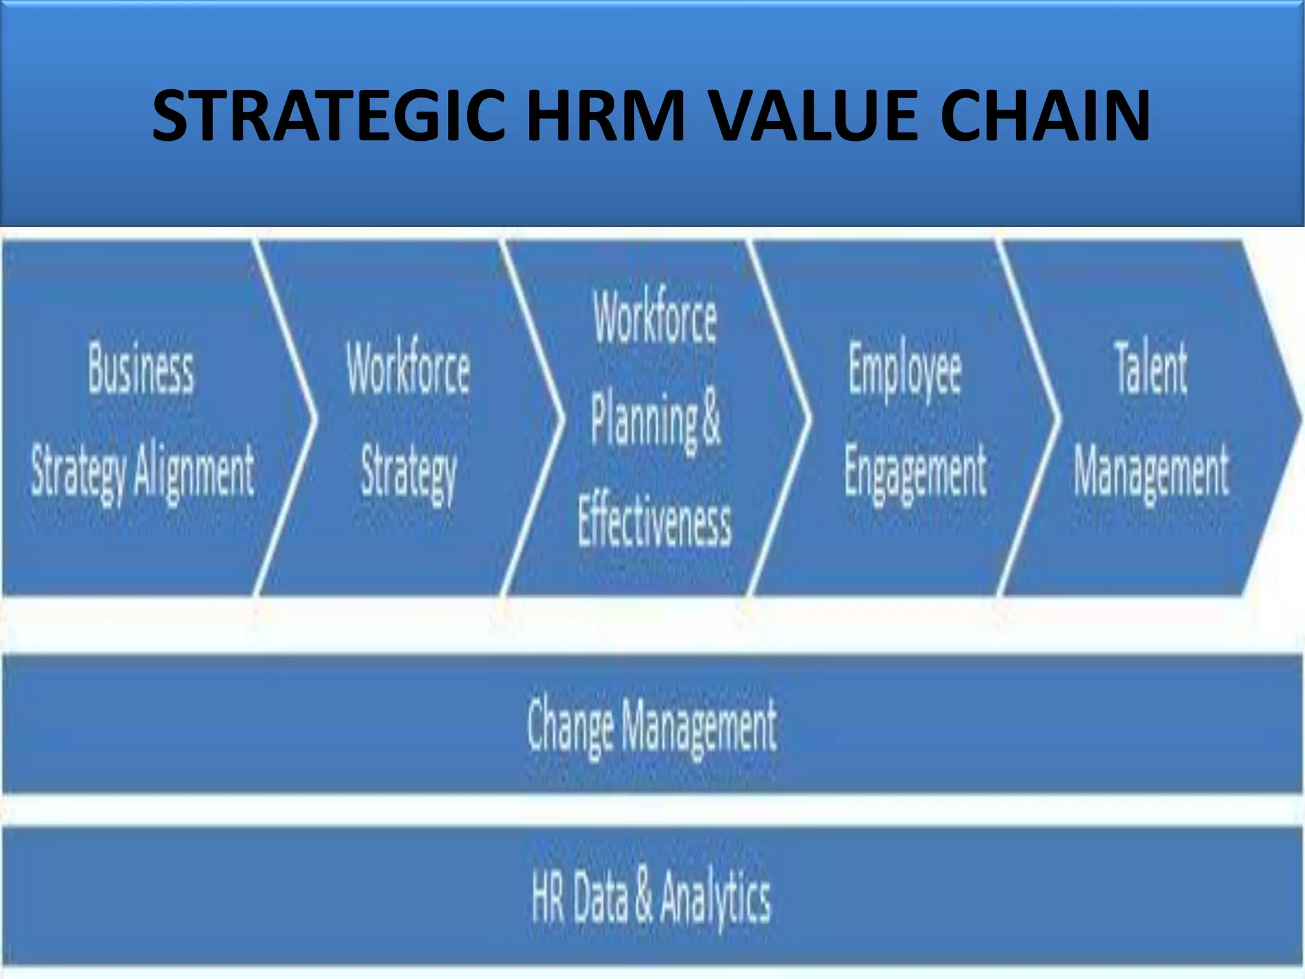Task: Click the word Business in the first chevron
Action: point(141,369)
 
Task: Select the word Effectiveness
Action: point(654,523)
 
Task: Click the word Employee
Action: point(904,369)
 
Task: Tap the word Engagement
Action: point(916,471)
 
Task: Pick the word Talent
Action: point(1151,368)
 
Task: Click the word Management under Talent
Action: point(1151,471)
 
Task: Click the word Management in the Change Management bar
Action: point(699,725)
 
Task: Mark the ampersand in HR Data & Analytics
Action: point(644,897)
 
